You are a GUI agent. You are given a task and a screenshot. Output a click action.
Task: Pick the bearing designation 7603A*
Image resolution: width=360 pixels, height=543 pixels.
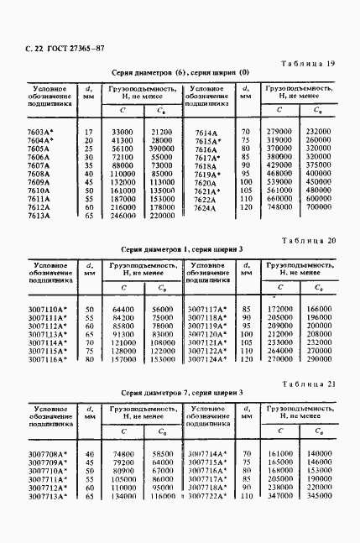click(x=40, y=133)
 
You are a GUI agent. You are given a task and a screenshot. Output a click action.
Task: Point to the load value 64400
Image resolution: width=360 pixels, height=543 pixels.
click(x=123, y=311)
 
